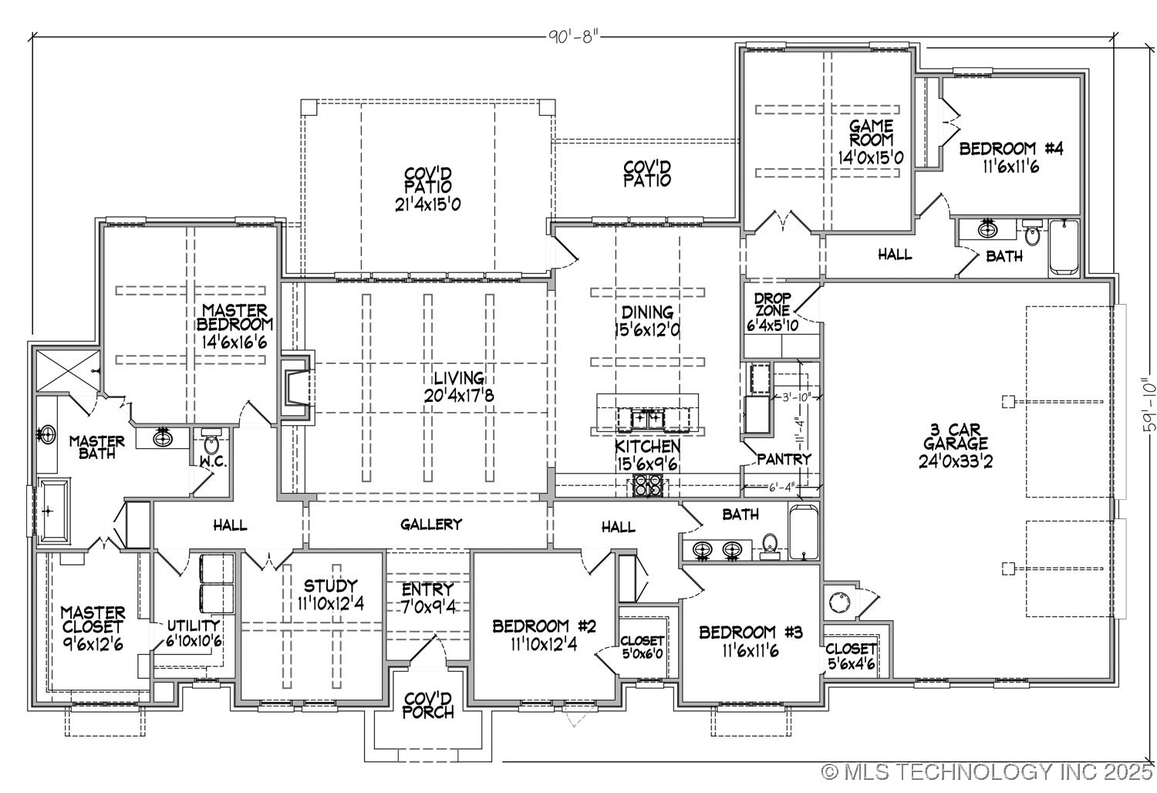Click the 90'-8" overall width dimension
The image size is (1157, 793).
tap(573, 36)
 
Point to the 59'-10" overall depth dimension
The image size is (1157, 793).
tap(1149, 403)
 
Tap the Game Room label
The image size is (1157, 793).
tap(871, 141)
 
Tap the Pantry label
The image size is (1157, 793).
tap(784, 459)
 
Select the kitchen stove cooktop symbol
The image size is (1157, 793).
tap(647, 486)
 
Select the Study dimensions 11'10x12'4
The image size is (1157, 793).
tap(330, 602)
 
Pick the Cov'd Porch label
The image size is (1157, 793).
tap(428, 705)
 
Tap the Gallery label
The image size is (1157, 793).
tap(431, 525)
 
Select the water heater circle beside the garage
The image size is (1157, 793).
tap(838, 600)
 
